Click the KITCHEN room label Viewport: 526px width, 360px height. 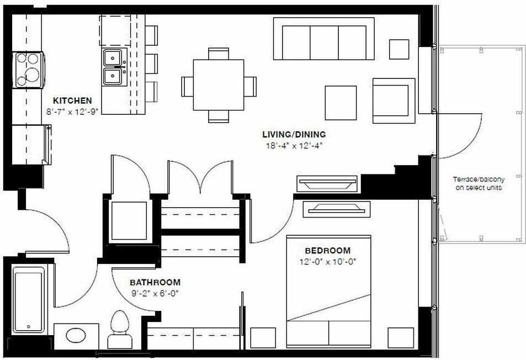(72, 101)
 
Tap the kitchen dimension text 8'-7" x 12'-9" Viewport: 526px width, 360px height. (72, 111)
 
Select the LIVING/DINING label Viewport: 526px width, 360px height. (294, 134)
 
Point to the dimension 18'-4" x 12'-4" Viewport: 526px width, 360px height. (294, 146)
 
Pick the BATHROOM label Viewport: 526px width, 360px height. (155, 283)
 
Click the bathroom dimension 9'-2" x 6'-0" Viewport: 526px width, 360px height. (155, 293)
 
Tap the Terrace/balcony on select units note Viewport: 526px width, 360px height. (479, 183)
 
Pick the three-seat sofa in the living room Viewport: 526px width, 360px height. (324, 39)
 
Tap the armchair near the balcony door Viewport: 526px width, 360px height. (394, 100)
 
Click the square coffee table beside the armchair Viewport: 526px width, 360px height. (341, 103)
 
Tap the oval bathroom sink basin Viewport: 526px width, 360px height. (76, 336)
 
